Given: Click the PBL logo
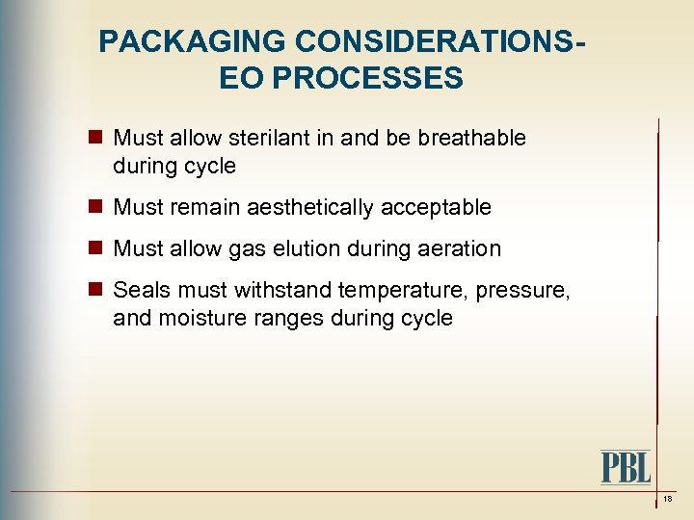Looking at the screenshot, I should [x=626, y=467].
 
